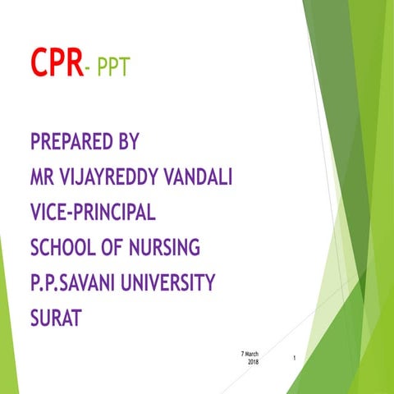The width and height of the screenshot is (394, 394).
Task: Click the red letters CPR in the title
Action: point(57,62)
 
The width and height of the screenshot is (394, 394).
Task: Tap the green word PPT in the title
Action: point(113,66)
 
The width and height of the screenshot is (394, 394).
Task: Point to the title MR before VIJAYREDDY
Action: point(41,176)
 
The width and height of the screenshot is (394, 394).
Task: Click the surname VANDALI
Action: point(194,176)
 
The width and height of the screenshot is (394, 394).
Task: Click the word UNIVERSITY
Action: point(167,282)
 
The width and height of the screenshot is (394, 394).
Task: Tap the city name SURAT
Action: point(56,317)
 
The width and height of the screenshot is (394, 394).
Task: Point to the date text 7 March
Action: point(250,354)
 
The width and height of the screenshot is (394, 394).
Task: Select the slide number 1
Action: point(294,359)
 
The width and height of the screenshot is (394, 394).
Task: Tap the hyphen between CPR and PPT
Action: point(89,66)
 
